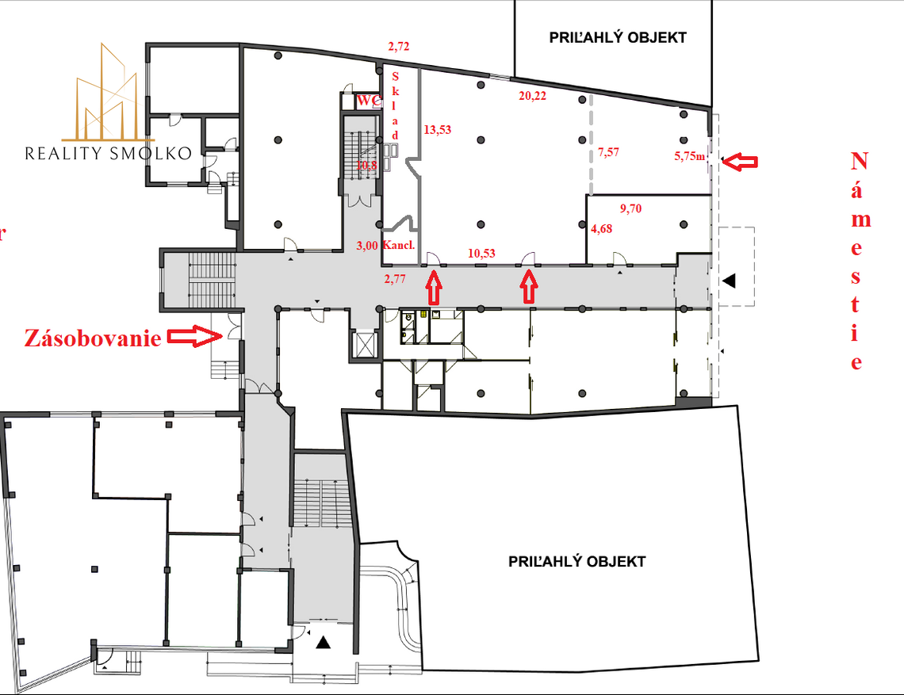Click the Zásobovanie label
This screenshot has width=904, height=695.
tap(93, 338)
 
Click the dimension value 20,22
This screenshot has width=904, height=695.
tap(532, 96)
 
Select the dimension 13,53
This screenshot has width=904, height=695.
tap(437, 129)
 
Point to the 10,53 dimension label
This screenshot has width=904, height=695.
tap(481, 253)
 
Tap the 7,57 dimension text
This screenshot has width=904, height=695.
tap(608, 153)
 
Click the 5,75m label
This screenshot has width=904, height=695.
tap(690, 156)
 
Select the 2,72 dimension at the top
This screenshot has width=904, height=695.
tap(398, 48)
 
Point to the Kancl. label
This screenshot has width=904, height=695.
tap(399, 245)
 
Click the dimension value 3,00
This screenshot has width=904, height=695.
tap(366, 245)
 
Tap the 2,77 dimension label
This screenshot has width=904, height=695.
tap(395, 278)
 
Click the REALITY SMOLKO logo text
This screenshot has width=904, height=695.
tap(108, 153)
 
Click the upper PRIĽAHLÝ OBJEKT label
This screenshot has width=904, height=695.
tap(618, 37)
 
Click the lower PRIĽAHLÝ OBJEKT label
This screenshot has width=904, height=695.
tap(576, 561)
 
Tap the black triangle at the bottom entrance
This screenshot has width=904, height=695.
tap(323, 642)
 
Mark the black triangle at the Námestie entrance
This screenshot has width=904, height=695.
tap(729, 280)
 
